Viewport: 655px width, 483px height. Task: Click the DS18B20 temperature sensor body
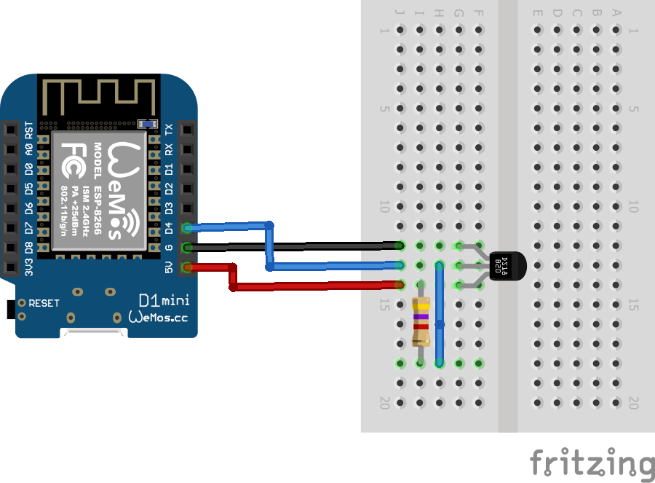tap(509, 265)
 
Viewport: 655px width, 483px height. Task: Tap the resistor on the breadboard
tap(420, 321)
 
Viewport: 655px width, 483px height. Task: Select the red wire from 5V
tap(320, 285)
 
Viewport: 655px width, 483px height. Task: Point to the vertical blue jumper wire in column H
tap(439, 313)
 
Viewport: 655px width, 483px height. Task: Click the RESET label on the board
tap(44, 302)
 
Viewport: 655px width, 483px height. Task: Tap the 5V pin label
tap(170, 267)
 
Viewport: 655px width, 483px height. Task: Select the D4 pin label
tap(170, 228)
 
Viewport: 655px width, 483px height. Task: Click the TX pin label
tap(170, 130)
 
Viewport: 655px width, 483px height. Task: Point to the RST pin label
tap(29, 130)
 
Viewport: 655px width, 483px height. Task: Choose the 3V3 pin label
tap(29, 267)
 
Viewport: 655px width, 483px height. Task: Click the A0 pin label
tap(29, 150)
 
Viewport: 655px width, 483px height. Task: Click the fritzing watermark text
tap(591, 464)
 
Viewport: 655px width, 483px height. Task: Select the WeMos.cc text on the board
tap(159, 318)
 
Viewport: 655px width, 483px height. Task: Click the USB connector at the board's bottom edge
tap(94, 333)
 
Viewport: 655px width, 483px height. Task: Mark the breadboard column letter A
tap(617, 12)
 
